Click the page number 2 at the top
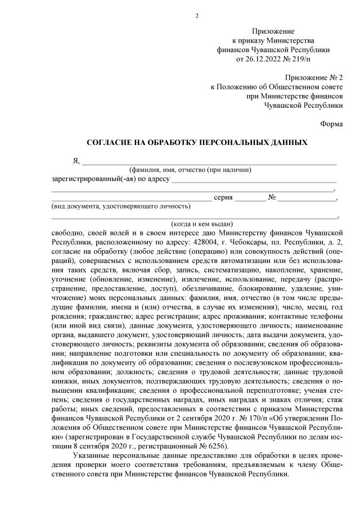pos(196,15)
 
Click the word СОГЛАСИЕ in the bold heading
pos(110,143)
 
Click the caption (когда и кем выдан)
pos(194,224)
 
